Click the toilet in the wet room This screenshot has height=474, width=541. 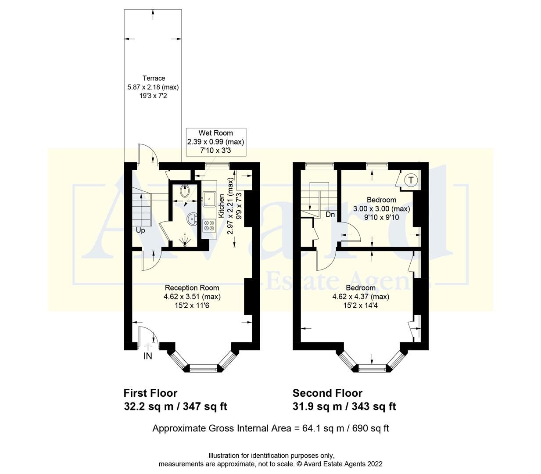(x=184, y=191)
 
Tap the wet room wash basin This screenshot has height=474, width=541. (x=192, y=218)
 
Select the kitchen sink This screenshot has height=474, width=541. (x=209, y=198)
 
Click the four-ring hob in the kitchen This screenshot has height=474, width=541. (x=209, y=226)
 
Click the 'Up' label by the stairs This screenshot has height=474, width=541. (x=140, y=230)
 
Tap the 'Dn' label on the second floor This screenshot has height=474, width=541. (x=330, y=215)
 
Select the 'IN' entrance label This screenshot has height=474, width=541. (x=148, y=356)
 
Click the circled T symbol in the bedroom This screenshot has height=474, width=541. (x=411, y=180)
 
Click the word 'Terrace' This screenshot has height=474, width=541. (x=154, y=78)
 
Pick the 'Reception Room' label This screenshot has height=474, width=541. (x=192, y=287)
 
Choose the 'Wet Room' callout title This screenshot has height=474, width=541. (x=215, y=133)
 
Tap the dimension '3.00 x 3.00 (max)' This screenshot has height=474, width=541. (x=381, y=208)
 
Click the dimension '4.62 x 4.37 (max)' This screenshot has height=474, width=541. (x=361, y=296)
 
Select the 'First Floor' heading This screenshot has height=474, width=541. (x=150, y=393)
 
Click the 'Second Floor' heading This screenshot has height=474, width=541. (x=327, y=393)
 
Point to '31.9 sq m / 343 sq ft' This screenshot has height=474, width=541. (x=344, y=406)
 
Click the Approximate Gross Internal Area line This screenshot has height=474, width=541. (x=270, y=428)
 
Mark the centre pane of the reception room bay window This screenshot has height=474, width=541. (x=203, y=368)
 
